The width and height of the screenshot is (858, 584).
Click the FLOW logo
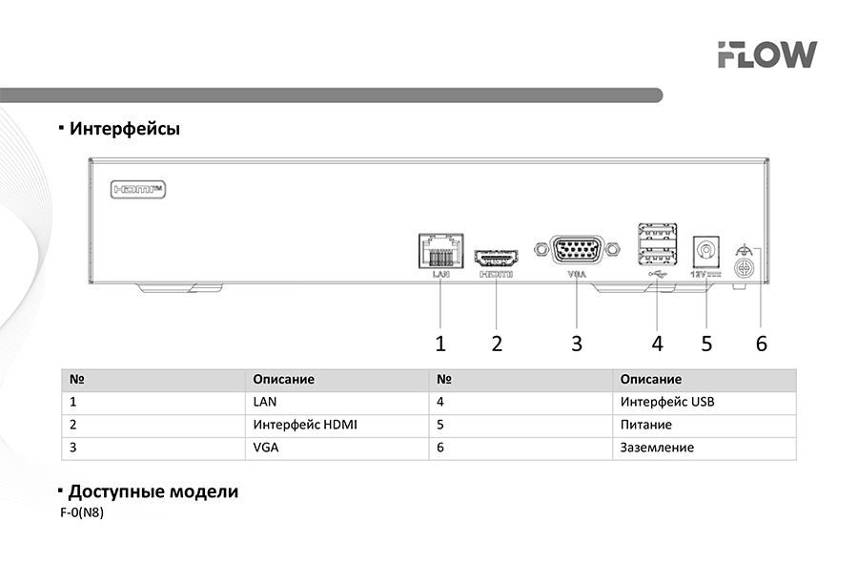(x=766, y=54)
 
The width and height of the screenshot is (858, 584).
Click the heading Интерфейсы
(x=124, y=128)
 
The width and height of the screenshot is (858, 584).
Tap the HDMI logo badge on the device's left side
(x=139, y=189)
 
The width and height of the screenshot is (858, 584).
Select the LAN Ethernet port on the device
(x=439, y=252)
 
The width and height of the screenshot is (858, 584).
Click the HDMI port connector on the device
(x=496, y=259)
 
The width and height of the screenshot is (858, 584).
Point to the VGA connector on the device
(x=577, y=251)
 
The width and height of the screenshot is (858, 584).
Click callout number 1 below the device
(x=440, y=344)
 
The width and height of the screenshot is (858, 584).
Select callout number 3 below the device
(x=577, y=344)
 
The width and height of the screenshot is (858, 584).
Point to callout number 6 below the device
(x=761, y=344)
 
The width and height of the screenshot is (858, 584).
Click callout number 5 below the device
(x=706, y=344)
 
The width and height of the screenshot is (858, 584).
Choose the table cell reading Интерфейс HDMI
(x=305, y=425)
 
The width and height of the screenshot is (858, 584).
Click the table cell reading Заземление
(x=657, y=448)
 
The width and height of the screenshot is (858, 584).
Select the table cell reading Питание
(x=645, y=425)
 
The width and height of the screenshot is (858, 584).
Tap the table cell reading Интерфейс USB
(x=666, y=402)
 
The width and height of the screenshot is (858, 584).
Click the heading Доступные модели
(x=153, y=492)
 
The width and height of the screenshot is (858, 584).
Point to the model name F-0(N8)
(x=81, y=512)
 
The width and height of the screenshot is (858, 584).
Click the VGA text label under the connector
(x=577, y=274)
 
